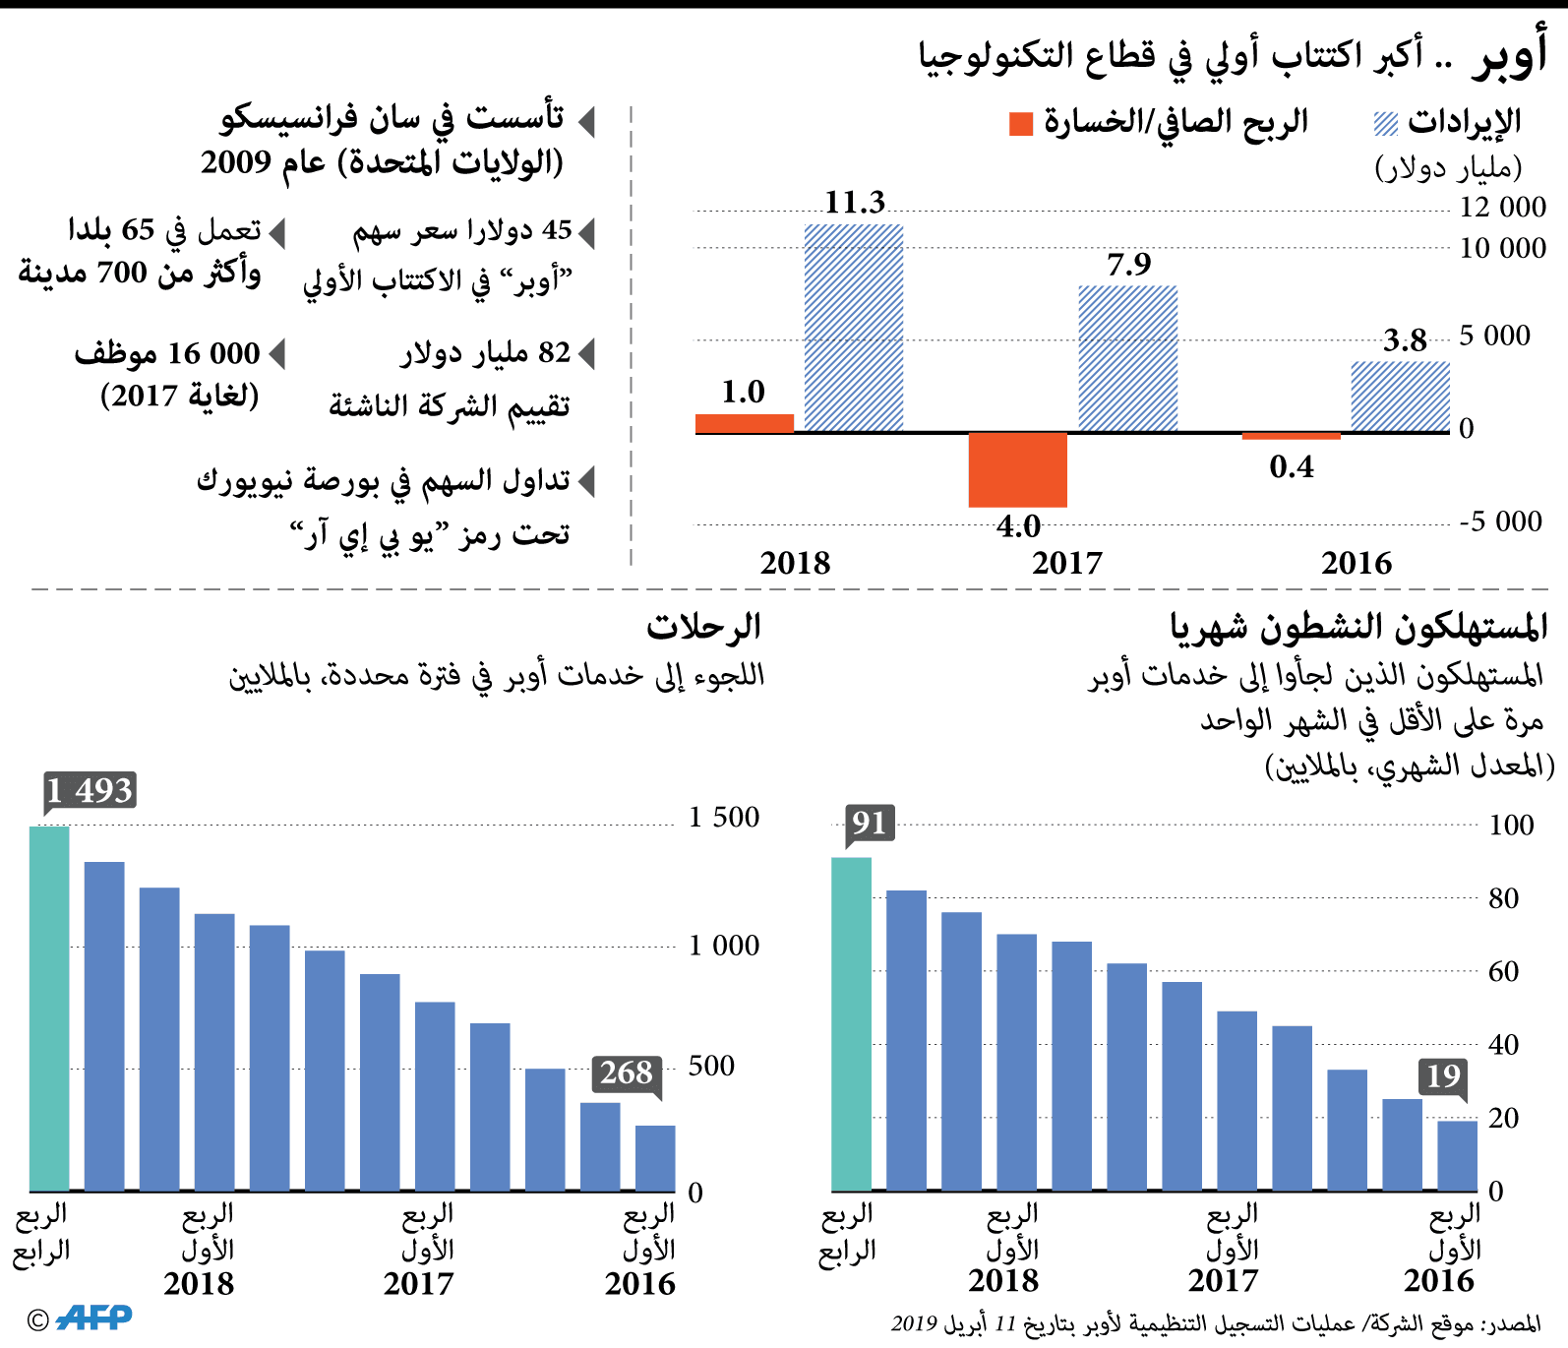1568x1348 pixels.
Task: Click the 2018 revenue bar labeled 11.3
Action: tap(854, 328)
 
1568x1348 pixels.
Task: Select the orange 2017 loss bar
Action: tap(1017, 469)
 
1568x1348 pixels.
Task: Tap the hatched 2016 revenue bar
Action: tap(1400, 397)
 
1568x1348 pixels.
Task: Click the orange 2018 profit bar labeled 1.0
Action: tap(745, 424)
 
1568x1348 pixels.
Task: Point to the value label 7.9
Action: tap(1128, 265)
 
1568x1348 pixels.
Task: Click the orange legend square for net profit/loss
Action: tap(1021, 124)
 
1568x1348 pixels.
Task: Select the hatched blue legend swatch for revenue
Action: tap(1385, 124)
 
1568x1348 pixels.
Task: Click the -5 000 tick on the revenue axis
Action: tap(1500, 521)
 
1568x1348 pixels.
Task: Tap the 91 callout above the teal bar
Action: tap(870, 823)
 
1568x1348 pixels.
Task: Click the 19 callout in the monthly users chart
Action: tap(1442, 1076)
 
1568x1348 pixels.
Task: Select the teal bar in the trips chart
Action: tap(49, 1009)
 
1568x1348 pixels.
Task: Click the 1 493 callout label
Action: tap(90, 790)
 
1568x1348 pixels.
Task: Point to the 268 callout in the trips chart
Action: tap(627, 1072)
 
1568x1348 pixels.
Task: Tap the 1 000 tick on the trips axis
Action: tap(723, 946)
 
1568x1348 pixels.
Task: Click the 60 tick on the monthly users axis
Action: tap(1503, 972)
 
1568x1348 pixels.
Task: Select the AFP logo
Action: tap(93, 1317)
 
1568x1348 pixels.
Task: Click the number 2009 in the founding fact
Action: tap(236, 162)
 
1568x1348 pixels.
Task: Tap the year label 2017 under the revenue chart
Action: tap(1067, 564)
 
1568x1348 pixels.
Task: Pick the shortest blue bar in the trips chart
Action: tap(655, 1158)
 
